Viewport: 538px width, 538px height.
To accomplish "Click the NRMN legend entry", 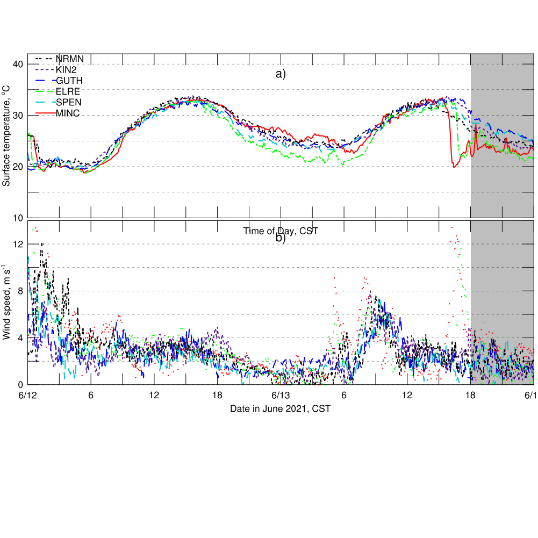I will pos(69,59).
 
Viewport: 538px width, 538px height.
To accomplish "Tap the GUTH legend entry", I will pos(69,81).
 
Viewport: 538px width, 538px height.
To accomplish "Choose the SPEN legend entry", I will pos(69,102).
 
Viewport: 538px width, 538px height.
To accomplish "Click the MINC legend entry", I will pos(68,113).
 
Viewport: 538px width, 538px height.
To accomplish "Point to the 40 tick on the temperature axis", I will pos(17,64).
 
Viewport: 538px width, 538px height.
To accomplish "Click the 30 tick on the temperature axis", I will pos(17,116).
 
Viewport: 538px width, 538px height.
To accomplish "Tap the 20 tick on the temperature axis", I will pos(17,167).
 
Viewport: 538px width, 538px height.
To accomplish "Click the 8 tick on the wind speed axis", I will pos(19,291).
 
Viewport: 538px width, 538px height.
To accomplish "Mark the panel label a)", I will pos(281,74).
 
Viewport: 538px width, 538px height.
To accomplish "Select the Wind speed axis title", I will pos(6,303).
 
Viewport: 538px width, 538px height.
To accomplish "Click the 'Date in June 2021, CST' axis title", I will pos(280,408).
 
